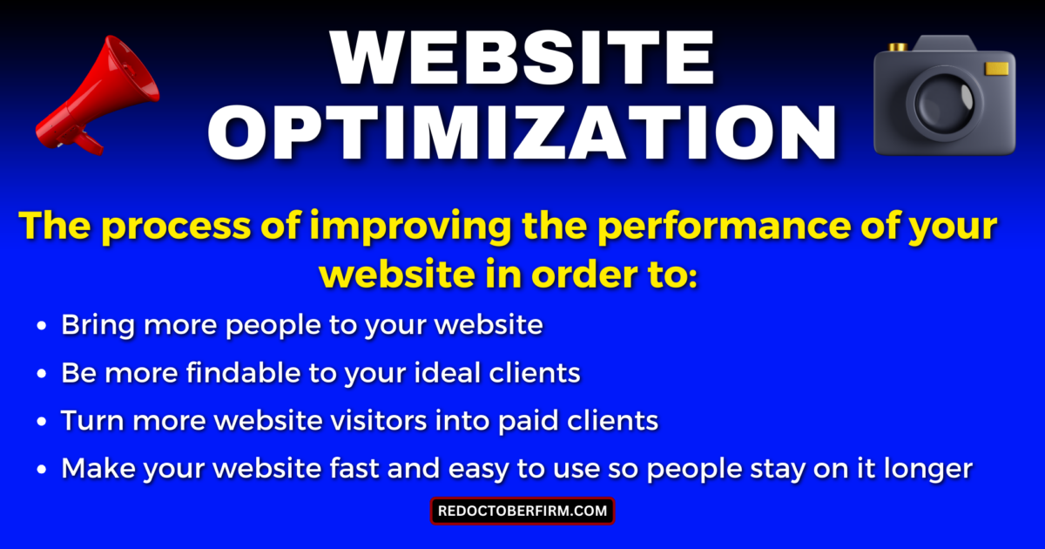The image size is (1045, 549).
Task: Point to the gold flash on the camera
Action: (x=997, y=68)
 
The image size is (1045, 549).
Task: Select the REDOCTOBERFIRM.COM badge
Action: (x=522, y=511)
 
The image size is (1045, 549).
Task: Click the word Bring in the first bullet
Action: (x=95, y=326)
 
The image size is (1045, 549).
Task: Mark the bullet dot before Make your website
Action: (x=41, y=470)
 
